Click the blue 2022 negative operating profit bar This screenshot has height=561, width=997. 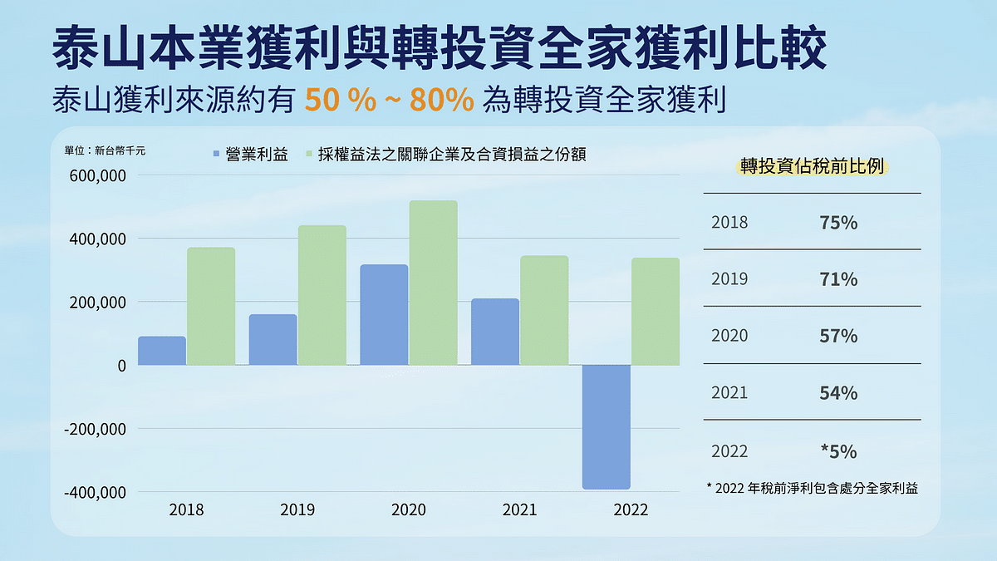(x=606, y=427)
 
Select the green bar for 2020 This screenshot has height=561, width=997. (x=433, y=283)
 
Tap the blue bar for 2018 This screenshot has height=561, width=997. (x=162, y=351)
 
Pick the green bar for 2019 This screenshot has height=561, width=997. (x=322, y=295)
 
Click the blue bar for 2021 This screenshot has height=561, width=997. (x=495, y=332)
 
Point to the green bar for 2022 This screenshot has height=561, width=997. (x=656, y=312)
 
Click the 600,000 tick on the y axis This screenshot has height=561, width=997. (x=96, y=176)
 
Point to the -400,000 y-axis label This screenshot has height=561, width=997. (x=94, y=492)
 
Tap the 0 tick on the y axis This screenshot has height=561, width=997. (x=120, y=366)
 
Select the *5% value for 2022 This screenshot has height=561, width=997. (x=837, y=452)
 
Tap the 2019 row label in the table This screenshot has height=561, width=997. (x=729, y=279)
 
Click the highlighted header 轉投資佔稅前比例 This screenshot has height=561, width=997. (x=813, y=166)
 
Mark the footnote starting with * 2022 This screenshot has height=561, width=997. (x=812, y=489)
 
